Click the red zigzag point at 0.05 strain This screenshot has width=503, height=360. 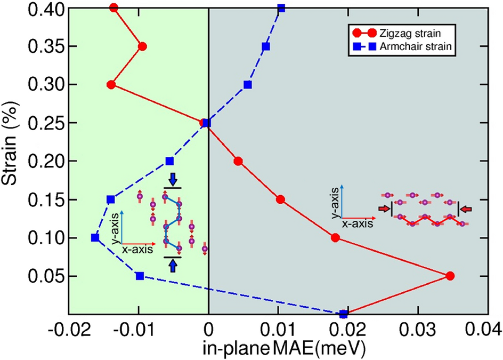450,276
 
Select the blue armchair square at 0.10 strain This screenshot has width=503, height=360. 95,237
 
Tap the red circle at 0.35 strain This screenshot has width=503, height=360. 142,46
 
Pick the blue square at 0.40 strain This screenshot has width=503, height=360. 281,8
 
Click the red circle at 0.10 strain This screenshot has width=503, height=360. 335,237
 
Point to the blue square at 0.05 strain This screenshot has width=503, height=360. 140,276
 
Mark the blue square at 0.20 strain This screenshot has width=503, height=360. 169,161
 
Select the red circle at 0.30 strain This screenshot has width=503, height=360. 111,85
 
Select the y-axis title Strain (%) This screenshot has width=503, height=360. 11,144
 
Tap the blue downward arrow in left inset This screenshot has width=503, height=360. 172,179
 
